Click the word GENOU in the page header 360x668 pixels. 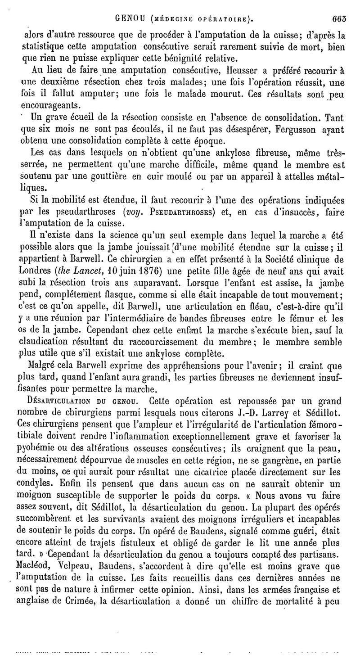(130, 19)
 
